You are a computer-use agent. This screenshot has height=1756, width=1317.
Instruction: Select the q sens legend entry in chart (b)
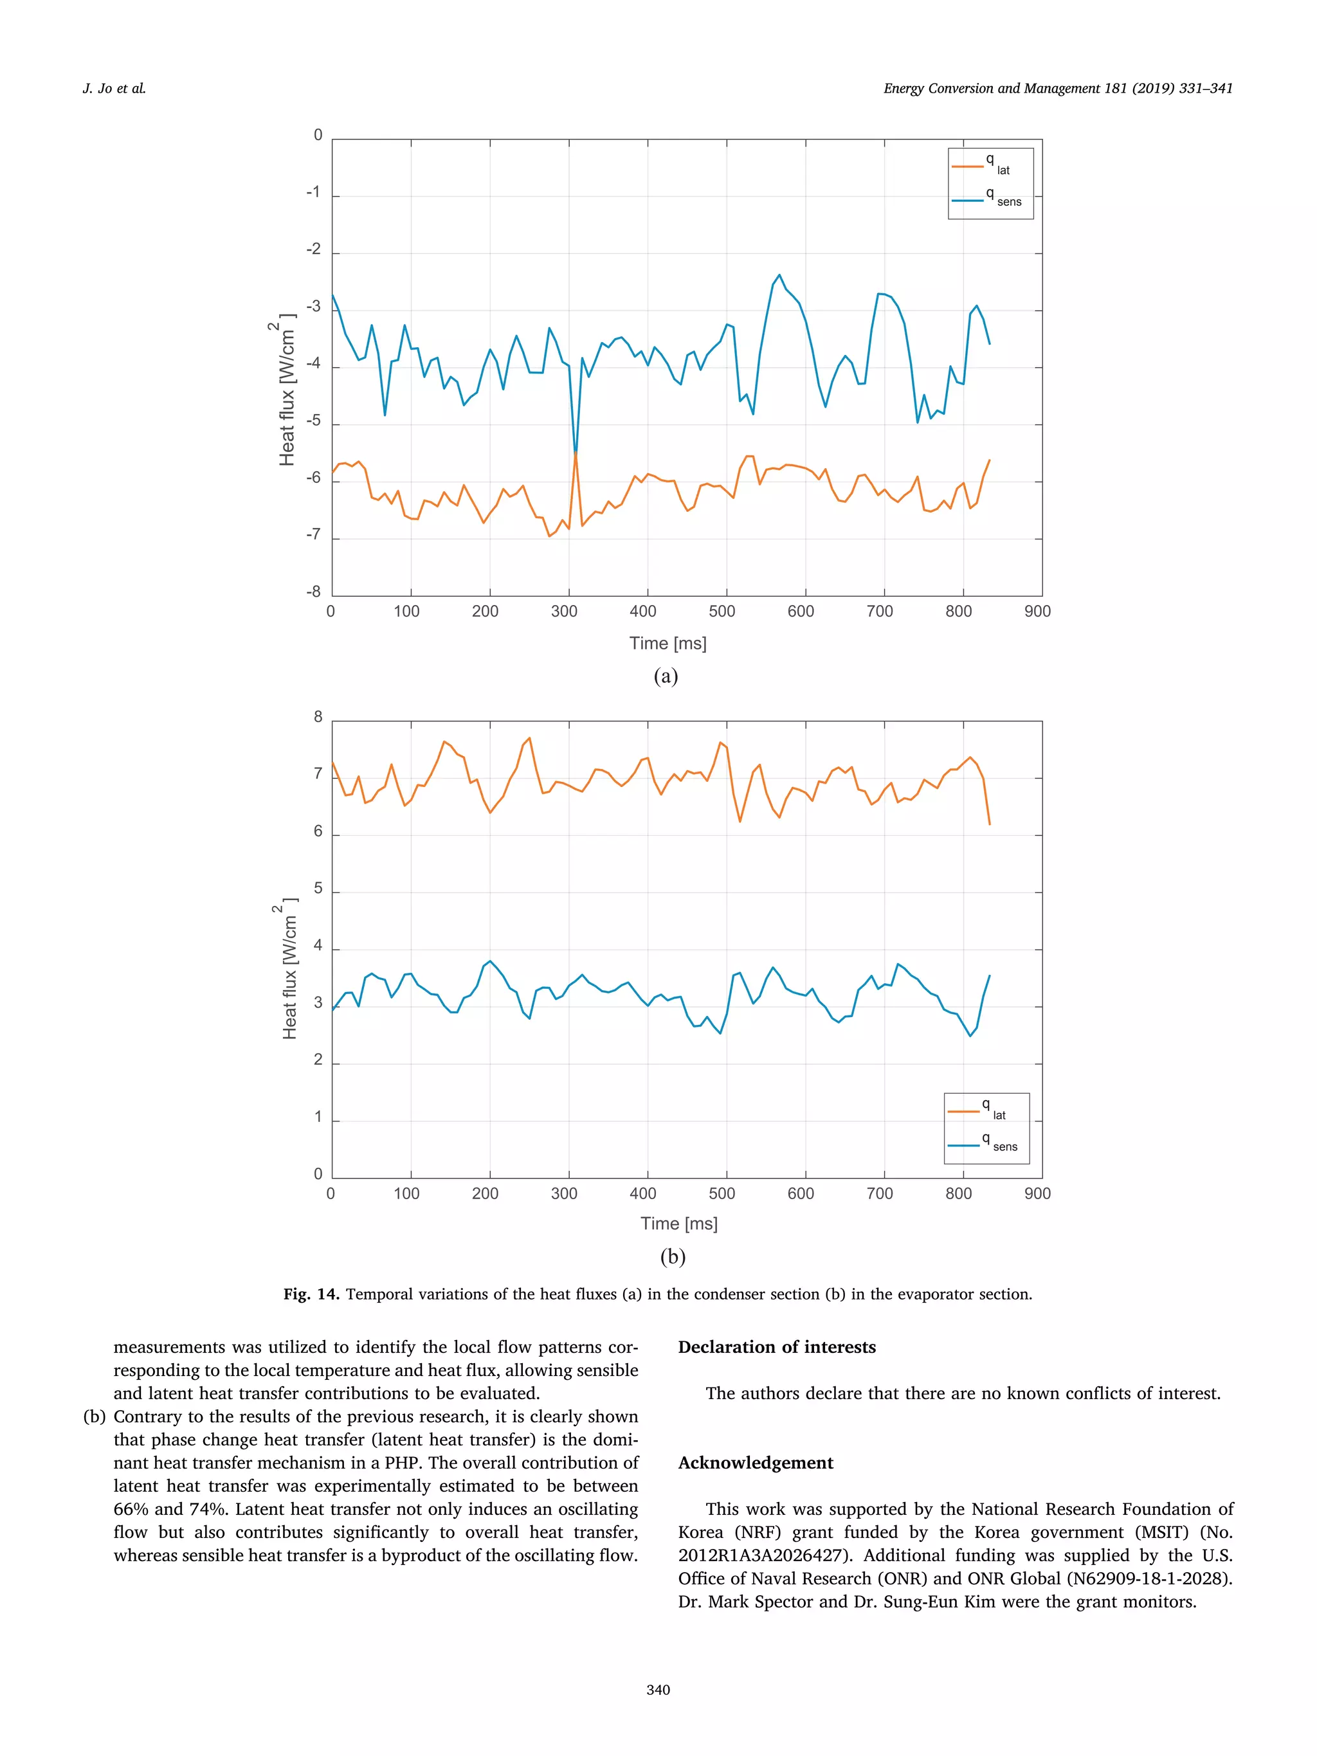point(985,1144)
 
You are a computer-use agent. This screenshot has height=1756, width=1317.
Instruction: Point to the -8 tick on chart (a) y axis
point(314,592)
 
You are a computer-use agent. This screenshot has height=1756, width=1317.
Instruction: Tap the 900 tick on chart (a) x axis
point(1037,611)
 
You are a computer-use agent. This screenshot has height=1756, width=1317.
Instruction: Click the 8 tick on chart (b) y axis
point(318,717)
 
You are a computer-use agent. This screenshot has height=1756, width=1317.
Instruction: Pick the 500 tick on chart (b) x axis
point(722,1193)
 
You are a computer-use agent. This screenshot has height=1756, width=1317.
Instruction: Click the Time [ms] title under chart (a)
point(668,643)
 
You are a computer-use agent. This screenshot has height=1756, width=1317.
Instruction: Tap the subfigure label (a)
point(665,676)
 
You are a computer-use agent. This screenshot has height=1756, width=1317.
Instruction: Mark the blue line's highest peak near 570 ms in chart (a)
point(779,275)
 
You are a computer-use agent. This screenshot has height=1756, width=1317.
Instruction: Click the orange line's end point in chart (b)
point(989,824)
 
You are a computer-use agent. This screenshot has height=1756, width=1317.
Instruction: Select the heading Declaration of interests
point(776,1347)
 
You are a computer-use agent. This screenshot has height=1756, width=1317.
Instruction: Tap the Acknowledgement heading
point(755,1463)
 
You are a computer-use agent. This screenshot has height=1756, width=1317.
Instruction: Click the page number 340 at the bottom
point(658,1689)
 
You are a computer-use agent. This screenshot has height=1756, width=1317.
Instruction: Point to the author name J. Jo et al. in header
point(114,89)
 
